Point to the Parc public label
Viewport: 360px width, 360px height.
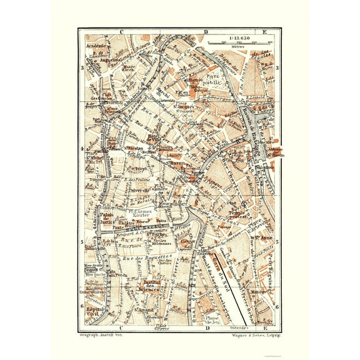[215, 67]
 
